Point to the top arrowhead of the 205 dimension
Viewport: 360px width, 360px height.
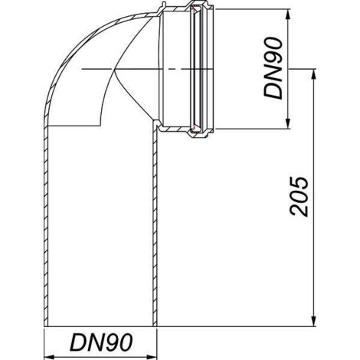314,74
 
